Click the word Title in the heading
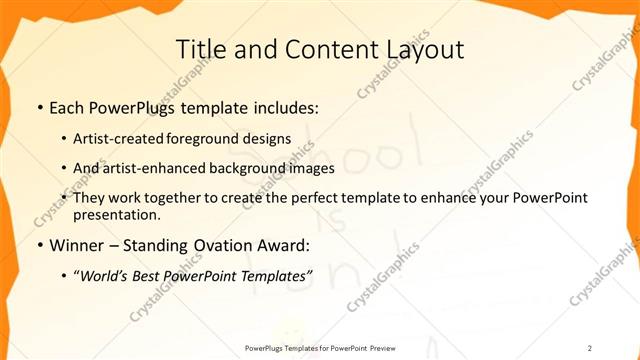click(198, 49)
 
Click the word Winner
click(76, 245)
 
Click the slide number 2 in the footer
click(590, 347)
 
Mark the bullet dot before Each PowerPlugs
click(39, 107)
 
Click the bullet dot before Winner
click(39, 245)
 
